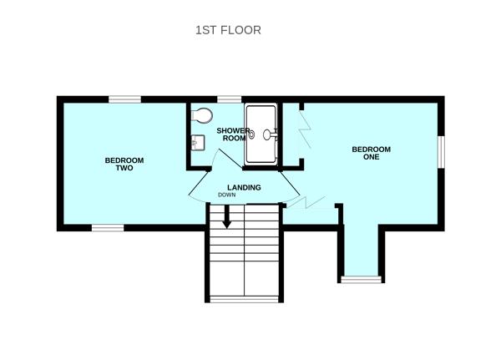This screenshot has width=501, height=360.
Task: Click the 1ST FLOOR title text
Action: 228,30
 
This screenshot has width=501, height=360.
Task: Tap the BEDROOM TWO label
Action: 124,164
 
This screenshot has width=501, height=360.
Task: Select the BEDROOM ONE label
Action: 371,155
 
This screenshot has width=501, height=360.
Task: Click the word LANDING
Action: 244,187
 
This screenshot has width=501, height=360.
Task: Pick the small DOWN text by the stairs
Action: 227,195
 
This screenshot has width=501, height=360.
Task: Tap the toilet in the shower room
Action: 201,115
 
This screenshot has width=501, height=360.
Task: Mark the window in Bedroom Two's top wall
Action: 124,99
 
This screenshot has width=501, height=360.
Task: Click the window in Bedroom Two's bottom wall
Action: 107,227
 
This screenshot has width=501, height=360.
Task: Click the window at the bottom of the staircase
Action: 243,298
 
